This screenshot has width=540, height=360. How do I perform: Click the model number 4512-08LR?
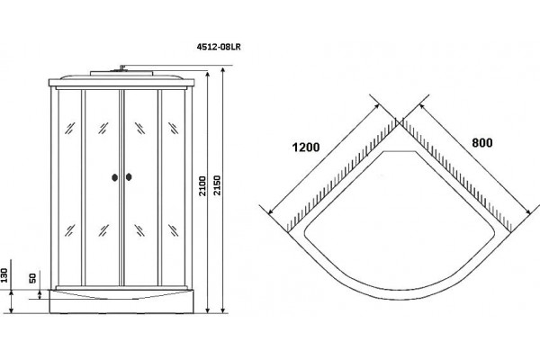[219, 47]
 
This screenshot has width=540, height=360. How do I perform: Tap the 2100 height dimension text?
[202, 186]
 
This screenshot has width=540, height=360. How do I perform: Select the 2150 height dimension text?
[217, 185]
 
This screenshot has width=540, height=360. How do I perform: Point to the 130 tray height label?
[4, 275]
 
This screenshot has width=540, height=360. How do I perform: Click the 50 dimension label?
[32, 278]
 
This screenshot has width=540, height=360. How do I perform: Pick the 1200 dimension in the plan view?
[306, 147]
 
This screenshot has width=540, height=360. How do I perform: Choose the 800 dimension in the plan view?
[482, 142]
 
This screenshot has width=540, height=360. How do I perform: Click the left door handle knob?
[114, 177]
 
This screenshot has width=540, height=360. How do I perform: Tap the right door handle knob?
[129, 177]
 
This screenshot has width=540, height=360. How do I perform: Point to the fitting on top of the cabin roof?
[121, 67]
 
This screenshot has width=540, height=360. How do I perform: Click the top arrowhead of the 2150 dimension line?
[223, 70]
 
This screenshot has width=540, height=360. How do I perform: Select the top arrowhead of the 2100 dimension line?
[207, 75]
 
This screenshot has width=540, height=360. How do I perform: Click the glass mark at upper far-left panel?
[70, 128]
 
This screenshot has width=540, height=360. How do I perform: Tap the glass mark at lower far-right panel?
[173, 230]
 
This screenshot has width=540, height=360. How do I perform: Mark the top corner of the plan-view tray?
[400, 125]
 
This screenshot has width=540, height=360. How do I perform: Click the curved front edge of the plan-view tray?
[400, 298]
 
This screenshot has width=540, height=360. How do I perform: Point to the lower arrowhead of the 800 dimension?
[528, 213]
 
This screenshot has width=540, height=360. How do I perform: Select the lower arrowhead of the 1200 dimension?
[271, 211]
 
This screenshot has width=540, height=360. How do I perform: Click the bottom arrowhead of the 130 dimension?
[12, 310]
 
